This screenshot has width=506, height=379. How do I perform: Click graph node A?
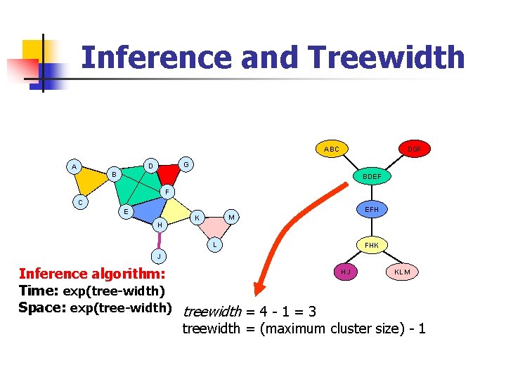pos(73,166)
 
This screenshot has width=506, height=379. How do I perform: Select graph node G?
pos(186,164)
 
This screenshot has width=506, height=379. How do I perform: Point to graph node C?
pos(81,204)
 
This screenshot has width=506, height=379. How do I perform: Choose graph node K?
pos(198,218)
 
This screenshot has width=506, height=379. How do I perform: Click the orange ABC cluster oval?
pos(332,149)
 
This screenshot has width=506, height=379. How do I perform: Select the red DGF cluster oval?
pos(415,149)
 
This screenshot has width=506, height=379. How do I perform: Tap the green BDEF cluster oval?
pos(372,177)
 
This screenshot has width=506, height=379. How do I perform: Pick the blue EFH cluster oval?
pos(372,209)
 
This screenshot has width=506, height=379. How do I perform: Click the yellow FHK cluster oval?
pos(372,245)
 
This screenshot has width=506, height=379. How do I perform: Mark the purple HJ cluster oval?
pos(346,272)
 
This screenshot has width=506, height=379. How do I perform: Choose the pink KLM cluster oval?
pos(403,272)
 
